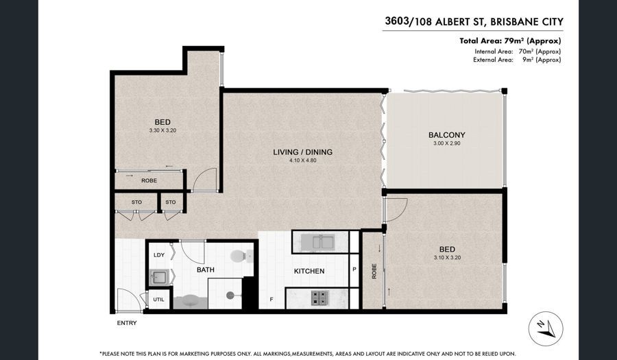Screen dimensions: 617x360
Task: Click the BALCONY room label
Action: [446, 135]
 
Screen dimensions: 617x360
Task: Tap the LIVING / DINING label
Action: [302, 152]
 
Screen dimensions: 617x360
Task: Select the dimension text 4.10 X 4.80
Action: [302, 160]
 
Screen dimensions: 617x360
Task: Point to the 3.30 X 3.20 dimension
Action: [162, 130]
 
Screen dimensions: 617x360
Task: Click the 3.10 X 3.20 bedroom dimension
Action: [447, 258]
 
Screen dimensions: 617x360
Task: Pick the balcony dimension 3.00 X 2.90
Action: [446, 143]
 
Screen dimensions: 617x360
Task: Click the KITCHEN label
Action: [309, 271]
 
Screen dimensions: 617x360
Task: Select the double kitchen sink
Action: [317, 242]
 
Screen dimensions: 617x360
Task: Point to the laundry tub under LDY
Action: [159, 277]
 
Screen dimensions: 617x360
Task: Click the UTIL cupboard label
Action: [158, 300]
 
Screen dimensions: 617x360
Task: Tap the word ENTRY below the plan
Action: [127, 323]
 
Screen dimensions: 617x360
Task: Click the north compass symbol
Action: [546, 328]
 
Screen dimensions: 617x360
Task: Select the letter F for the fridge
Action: [271, 300]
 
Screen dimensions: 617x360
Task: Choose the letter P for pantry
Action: [354, 269]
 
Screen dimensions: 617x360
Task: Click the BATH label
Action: [206, 270]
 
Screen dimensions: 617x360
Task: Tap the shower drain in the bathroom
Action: [228, 294]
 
